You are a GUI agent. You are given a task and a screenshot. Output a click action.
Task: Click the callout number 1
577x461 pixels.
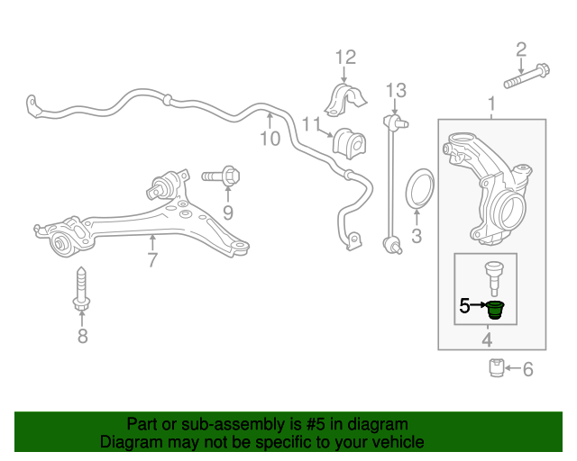click(492, 107)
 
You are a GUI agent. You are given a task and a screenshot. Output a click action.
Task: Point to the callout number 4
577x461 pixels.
click(487, 340)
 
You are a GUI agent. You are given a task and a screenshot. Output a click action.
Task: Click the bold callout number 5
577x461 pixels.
click(465, 306)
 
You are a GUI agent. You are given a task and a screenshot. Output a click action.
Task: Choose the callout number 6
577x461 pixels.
click(528, 368)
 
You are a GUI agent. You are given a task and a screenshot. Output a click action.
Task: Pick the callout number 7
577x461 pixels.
click(152, 261)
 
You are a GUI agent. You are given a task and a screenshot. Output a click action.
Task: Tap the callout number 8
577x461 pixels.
click(82, 337)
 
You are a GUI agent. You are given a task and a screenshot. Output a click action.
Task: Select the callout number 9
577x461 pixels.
click(228, 213)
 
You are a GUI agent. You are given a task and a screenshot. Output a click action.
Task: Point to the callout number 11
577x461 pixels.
click(312, 124)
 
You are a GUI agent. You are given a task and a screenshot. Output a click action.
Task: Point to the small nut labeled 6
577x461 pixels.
click(496, 367)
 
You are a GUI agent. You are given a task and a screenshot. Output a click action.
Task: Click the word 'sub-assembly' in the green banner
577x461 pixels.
click(209, 424)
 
